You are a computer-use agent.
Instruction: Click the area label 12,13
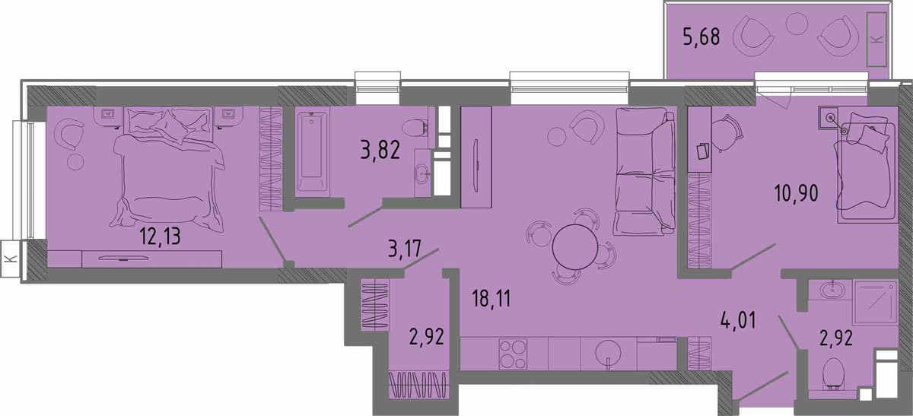(160, 237)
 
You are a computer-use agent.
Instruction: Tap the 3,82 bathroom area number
(380, 150)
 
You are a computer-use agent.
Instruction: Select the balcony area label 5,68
(701, 37)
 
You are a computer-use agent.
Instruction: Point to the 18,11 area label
(491, 299)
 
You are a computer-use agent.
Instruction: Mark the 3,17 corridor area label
(405, 248)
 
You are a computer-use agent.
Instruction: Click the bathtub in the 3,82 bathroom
(312, 152)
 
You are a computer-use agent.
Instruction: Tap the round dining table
(574, 247)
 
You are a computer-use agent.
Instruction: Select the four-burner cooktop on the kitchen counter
(513, 354)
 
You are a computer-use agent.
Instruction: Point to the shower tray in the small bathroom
(875, 302)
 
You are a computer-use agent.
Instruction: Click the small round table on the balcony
(797, 24)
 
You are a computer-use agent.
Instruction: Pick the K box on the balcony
(876, 40)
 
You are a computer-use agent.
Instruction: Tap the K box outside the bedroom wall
(11, 259)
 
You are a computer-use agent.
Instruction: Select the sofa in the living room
(644, 172)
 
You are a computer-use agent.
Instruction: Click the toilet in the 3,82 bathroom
(415, 127)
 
